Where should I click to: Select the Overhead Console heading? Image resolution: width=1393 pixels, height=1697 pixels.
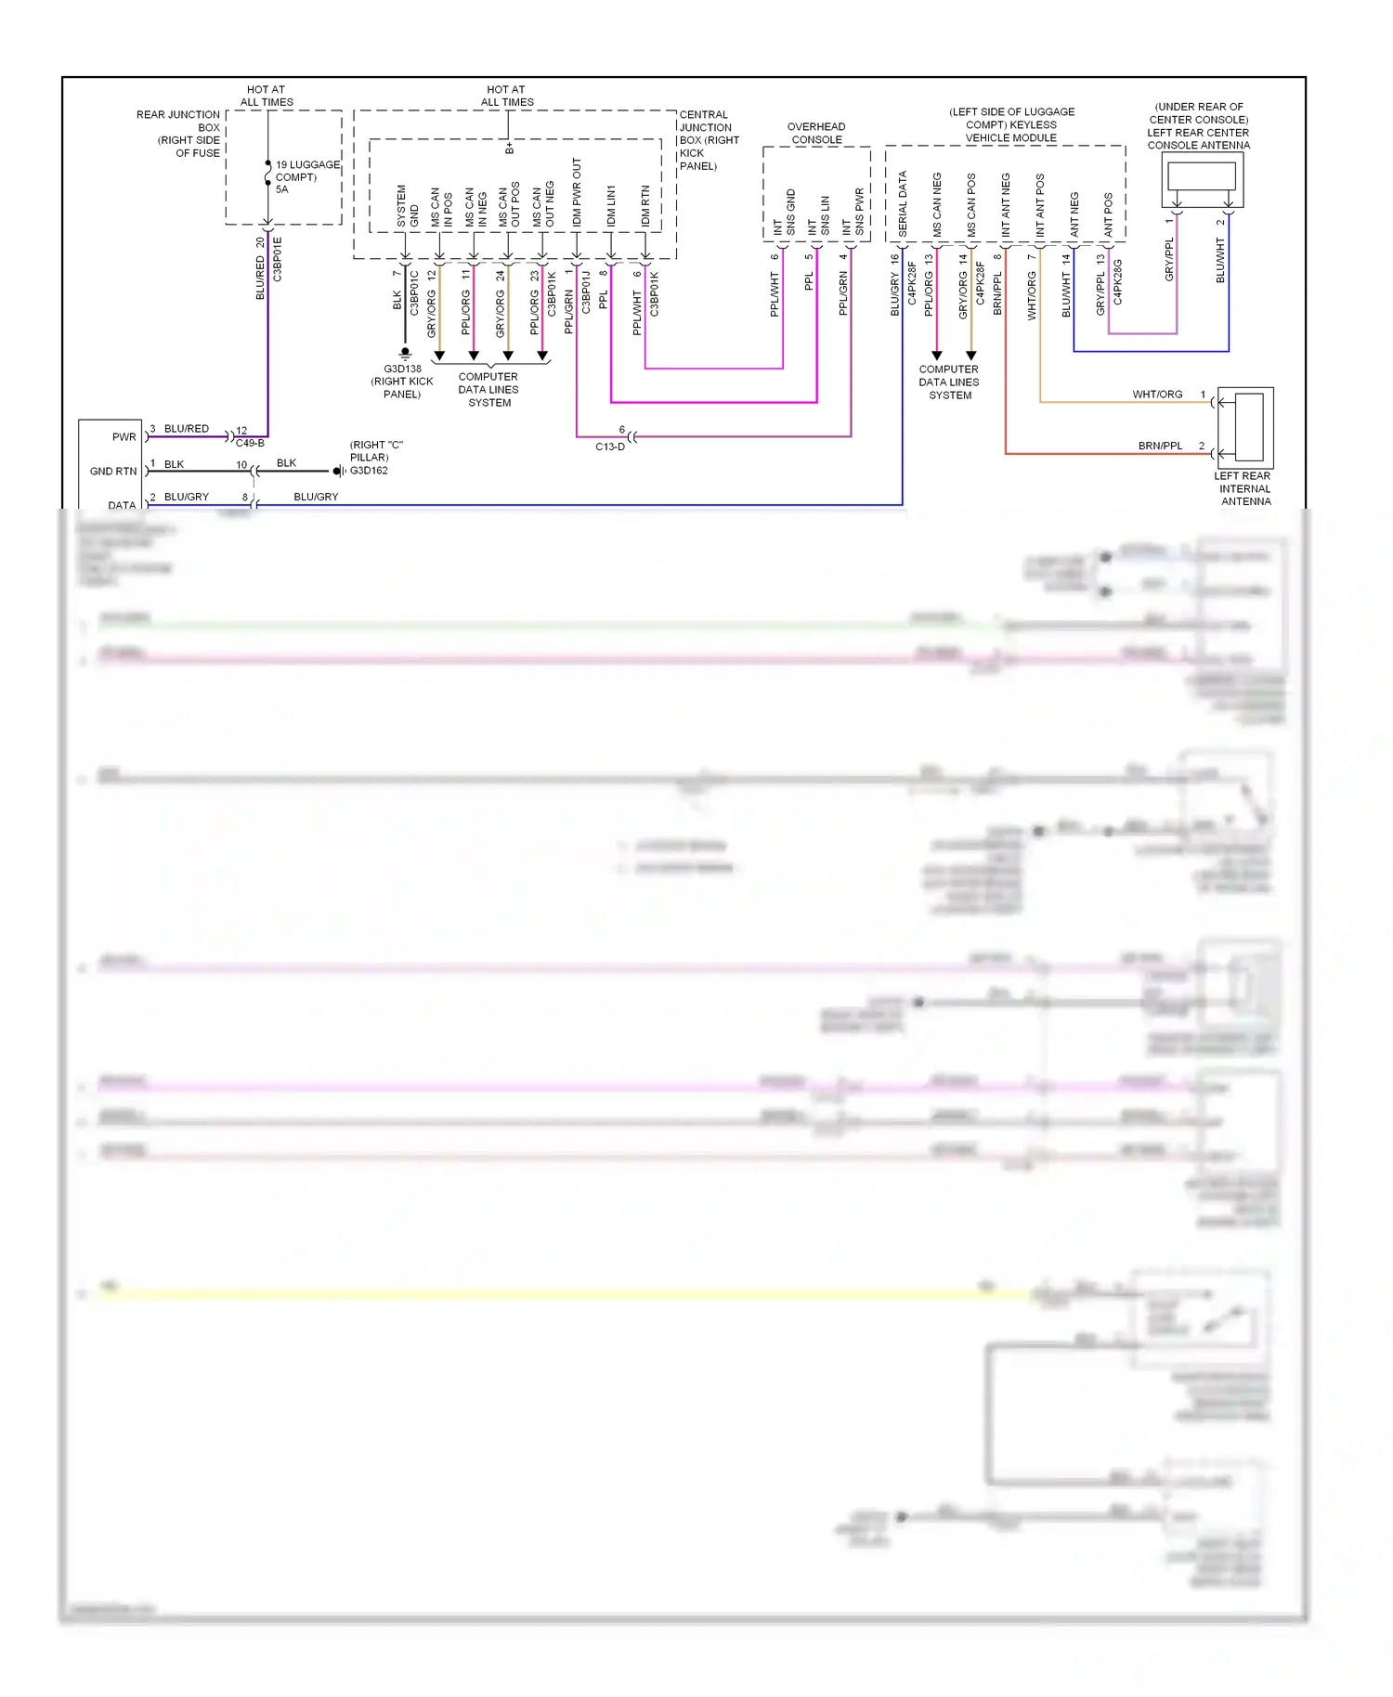(816, 133)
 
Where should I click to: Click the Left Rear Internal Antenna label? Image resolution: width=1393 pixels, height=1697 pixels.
(1244, 488)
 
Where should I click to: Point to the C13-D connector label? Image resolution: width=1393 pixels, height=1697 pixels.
(610, 447)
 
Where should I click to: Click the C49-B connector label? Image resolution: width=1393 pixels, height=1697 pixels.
(250, 443)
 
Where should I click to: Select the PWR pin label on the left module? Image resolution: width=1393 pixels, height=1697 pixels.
(124, 436)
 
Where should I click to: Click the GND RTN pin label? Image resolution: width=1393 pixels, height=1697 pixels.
(113, 472)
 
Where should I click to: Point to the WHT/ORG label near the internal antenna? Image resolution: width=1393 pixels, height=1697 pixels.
(1156, 395)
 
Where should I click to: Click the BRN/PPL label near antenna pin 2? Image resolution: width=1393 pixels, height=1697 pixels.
(1160, 446)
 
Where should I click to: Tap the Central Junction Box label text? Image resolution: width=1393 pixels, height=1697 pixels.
(709, 140)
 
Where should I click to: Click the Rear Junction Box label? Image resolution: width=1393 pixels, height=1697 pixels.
(179, 134)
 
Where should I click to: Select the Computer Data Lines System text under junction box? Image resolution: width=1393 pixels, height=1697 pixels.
(488, 389)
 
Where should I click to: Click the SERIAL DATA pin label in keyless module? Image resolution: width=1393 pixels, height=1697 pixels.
(902, 204)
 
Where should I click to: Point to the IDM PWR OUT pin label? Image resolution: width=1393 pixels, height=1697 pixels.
(577, 192)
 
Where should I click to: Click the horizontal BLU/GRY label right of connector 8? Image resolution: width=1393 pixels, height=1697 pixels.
(316, 497)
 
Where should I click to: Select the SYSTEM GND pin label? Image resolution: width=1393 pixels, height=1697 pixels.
(407, 206)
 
